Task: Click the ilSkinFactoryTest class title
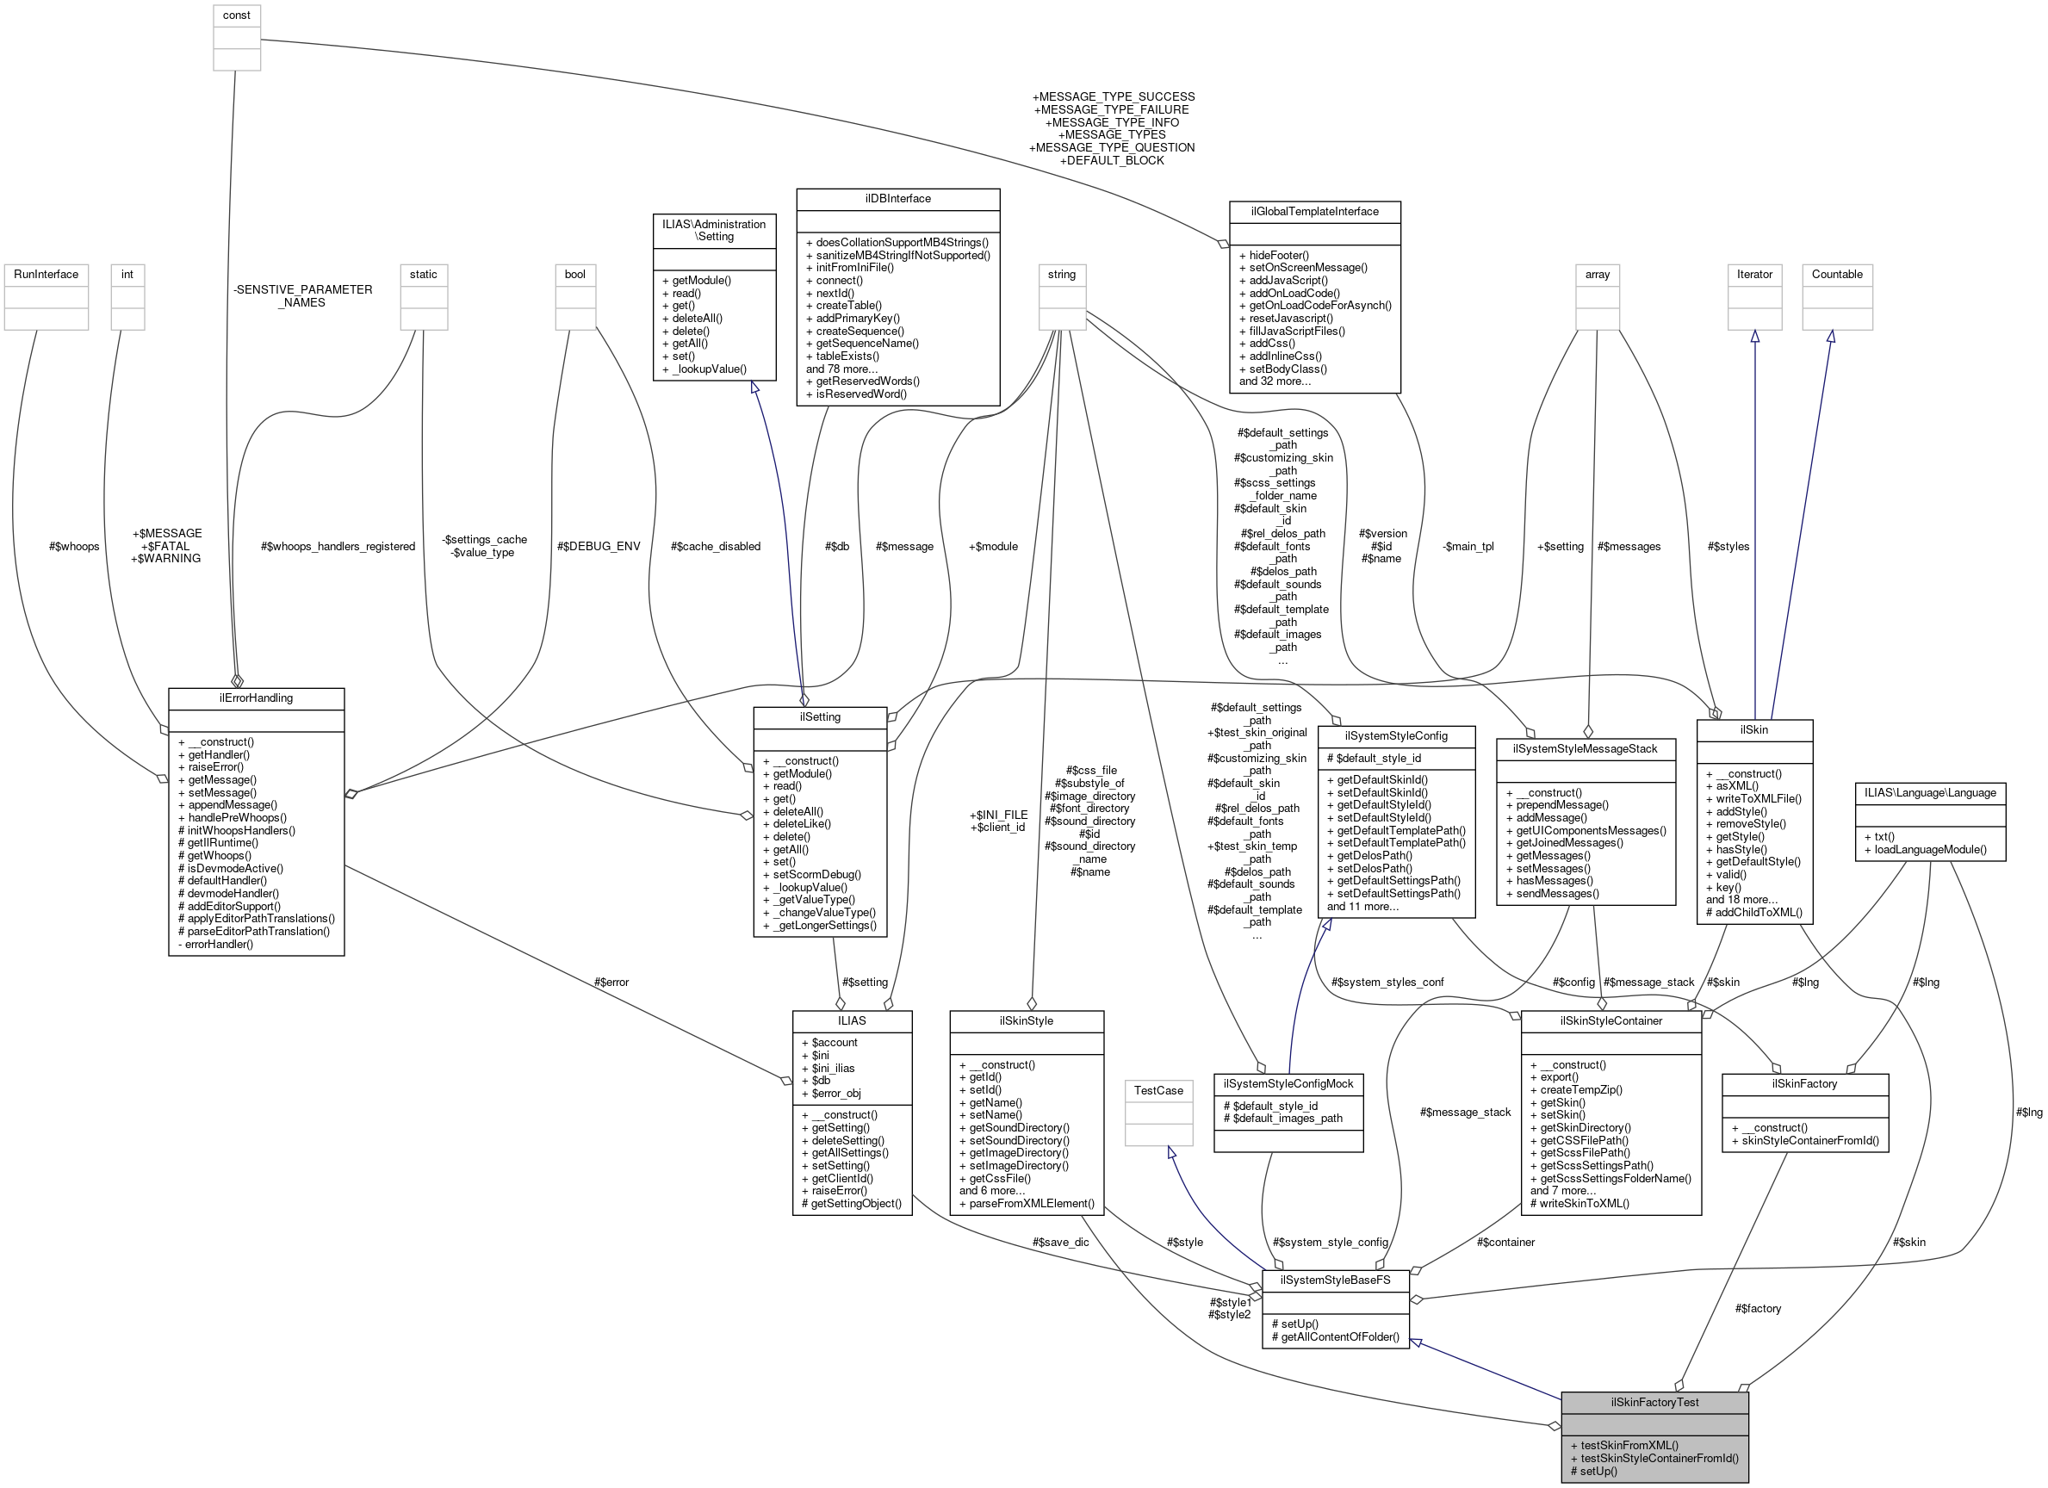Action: click(1654, 1402)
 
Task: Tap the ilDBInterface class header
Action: click(897, 199)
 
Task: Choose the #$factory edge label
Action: click(1757, 1308)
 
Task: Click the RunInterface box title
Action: click(46, 275)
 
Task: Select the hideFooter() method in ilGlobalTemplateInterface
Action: click(1273, 256)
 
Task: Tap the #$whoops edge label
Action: click(74, 546)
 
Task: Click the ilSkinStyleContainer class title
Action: click(1611, 1021)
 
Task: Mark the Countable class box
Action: click(1837, 275)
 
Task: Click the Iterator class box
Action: click(1754, 275)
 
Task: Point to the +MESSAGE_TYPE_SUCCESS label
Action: click(1113, 96)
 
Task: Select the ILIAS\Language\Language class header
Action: click(1930, 793)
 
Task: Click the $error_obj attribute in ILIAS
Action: click(835, 1094)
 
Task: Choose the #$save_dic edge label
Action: click(1060, 1243)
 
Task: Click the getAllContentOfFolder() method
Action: click(1335, 1337)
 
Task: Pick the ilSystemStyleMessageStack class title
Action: click(1585, 749)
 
